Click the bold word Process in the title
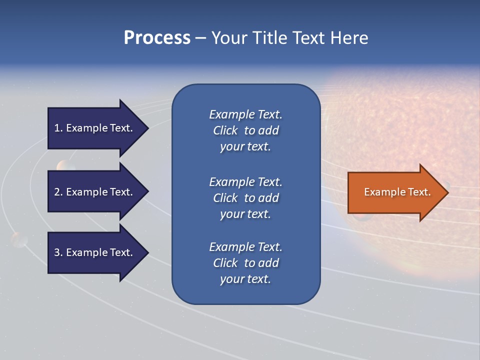point(157,38)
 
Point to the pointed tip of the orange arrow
point(447,192)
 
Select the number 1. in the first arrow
point(58,128)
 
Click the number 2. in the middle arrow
point(58,192)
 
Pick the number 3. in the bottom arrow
point(58,252)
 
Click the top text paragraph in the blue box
point(245,130)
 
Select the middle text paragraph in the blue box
point(245,198)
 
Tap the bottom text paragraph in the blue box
point(245,263)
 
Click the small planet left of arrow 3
point(19,239)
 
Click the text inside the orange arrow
point(397,192)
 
